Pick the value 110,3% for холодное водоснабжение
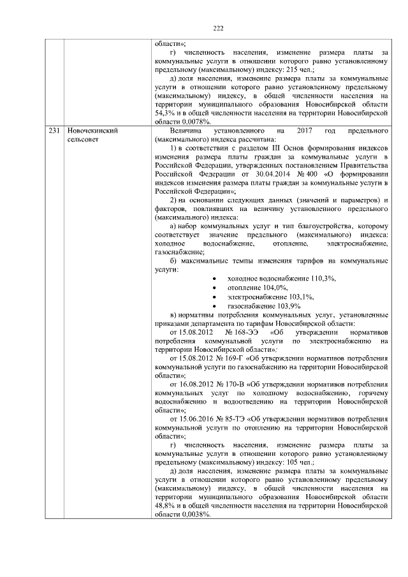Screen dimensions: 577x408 point(323,279)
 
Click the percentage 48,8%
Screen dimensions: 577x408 point(164,506)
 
